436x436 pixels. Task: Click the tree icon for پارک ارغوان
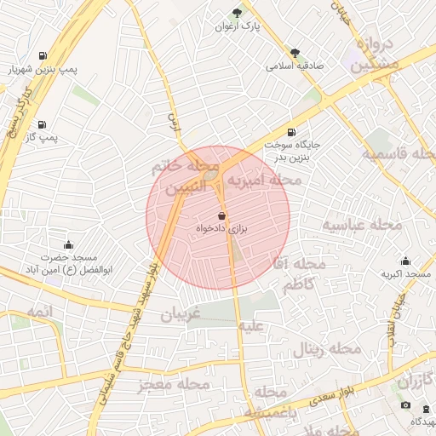(x=237, y=12)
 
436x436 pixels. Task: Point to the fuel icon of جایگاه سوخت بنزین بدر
(x=293, y=132)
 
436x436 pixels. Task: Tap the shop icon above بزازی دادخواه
(x=222, y=216)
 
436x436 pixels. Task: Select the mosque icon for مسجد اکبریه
(x=404, y=261)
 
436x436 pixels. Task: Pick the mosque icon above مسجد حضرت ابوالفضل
(x=70, y=244)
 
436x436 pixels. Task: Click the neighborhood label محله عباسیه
(x=361, y=225)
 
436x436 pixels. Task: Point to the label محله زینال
(x=328, y=349)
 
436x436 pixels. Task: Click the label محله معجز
(x=175, y=384)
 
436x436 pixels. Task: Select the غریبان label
(x=180, y=313)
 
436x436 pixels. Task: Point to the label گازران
(x=415, y=380)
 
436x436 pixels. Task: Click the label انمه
(x=39, y=313)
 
